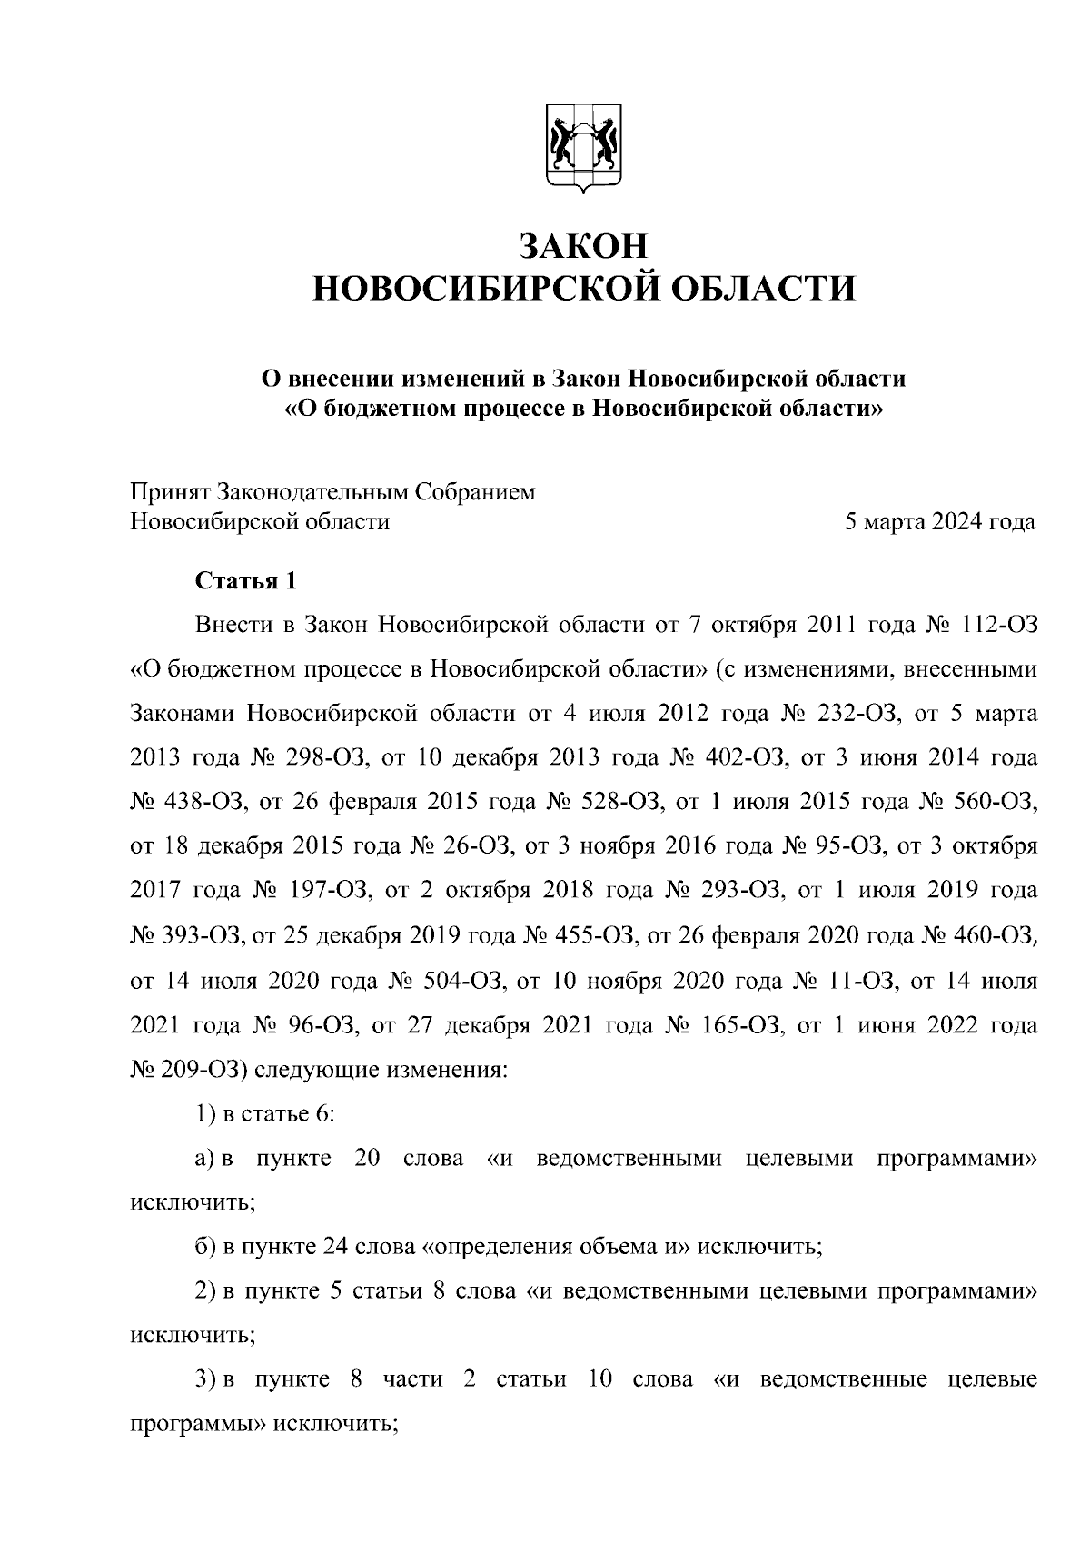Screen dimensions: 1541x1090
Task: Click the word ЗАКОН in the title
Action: (x=583, y=246)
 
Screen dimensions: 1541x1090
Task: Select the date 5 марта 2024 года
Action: (x=939, y=522)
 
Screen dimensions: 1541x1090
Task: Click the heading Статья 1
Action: (x=245, y=581)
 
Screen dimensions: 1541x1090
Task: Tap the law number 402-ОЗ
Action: (x=743, y=757)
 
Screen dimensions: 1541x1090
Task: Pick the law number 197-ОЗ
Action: (x=318, y=890)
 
